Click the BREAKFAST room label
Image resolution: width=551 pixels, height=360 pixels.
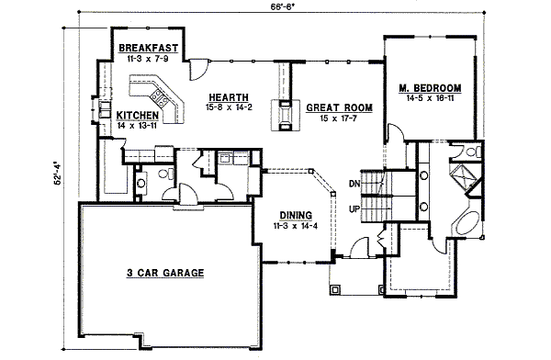[x=148, y=46]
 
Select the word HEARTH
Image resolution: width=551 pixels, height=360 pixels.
[x=226, y=96]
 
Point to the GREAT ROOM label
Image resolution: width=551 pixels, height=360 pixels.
[x=339, y=107]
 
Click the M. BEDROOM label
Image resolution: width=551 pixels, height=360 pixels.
[x=430, y=88]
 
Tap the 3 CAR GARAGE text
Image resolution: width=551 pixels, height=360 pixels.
[x=164, y=273]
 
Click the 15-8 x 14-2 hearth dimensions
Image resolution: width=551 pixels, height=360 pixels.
[x=226, y=107]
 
